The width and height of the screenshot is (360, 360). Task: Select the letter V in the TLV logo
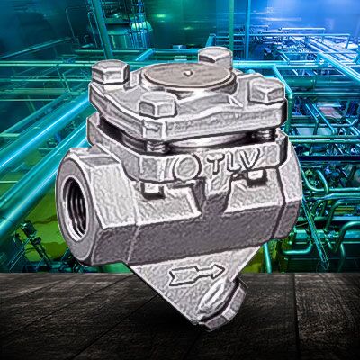(x=247, y=159)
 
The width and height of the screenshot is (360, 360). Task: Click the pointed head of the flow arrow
(x=216, y=271)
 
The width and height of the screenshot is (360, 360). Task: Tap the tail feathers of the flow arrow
(x=177, y=277)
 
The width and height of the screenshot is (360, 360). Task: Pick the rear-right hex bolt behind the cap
(x=215, y=57)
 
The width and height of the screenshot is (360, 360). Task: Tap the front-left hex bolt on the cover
(x=157, y=104)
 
